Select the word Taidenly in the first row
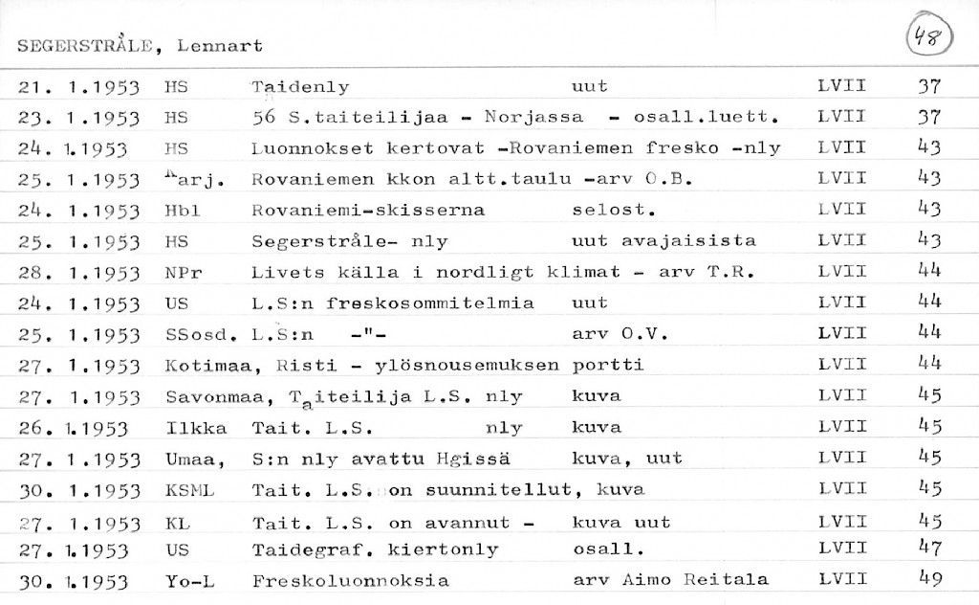(300, 87)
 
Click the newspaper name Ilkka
(187, 427)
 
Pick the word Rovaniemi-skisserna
(368, 210)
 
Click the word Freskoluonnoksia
(350, 581)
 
